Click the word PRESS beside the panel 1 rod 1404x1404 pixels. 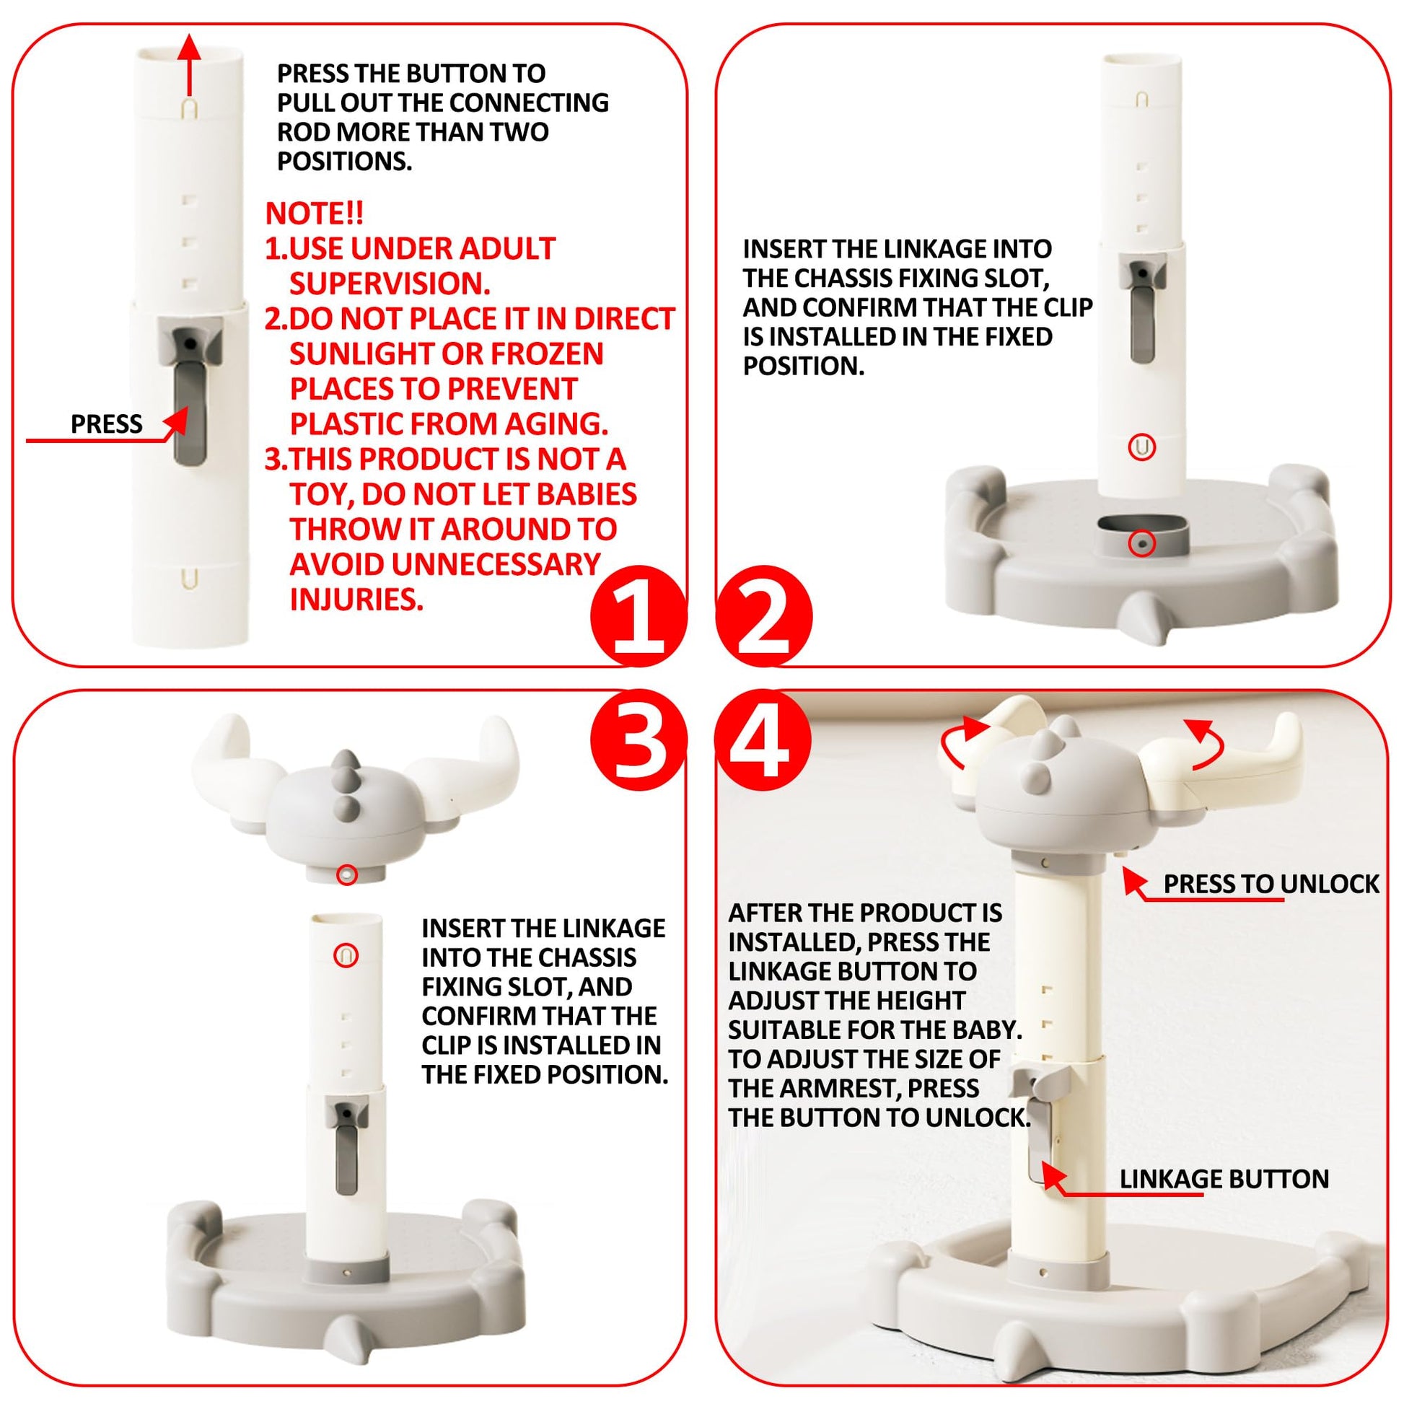(106, 424)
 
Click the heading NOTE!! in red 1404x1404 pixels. (314, 213)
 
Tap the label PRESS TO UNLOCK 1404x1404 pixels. (1271, 884)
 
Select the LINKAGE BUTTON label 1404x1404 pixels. (1224, 1179)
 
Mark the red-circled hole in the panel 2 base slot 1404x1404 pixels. (1141, 543)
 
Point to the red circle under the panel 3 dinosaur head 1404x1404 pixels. (347, 874)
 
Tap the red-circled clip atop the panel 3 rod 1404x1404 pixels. (346, 955)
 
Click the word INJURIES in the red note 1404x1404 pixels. (356, 600)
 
